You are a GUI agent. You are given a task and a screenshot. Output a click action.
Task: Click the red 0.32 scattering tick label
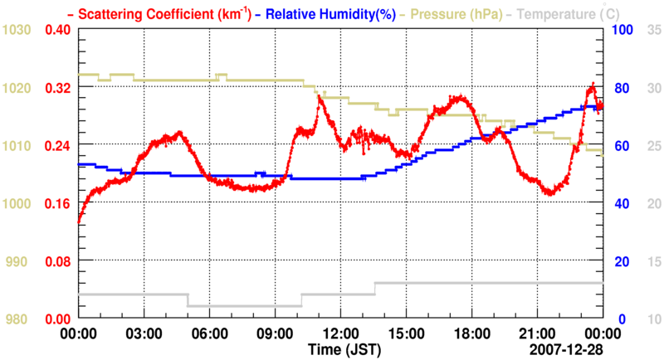58,87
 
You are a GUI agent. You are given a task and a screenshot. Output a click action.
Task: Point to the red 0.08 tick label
58,261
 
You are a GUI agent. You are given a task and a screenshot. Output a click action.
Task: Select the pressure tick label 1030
17,30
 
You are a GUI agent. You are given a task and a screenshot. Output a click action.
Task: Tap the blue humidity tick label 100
621,30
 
